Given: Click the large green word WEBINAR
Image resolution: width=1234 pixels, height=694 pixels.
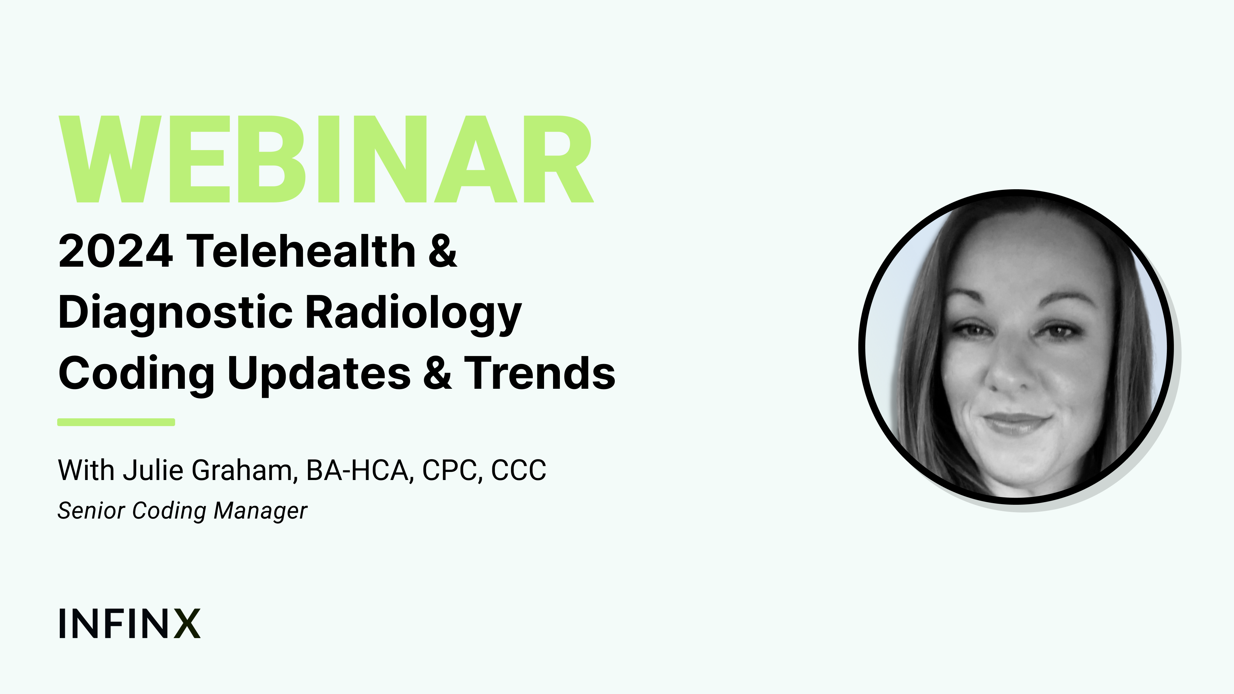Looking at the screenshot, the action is pyautogui.click(x=326, y=159).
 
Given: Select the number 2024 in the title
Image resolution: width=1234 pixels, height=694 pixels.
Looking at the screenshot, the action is pyautogui.click(x=115, y=251).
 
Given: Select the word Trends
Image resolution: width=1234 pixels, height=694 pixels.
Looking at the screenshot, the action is pyautogui.click(x=540, y=373).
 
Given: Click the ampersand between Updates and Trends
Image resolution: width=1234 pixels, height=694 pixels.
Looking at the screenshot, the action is pyautogui.click(x=437, y=373).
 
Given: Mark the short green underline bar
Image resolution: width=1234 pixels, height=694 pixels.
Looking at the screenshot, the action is pyautogui.click(x=116, y=422).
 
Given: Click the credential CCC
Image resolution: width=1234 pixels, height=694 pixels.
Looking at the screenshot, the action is pyautogui.click(x=519, y=470).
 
